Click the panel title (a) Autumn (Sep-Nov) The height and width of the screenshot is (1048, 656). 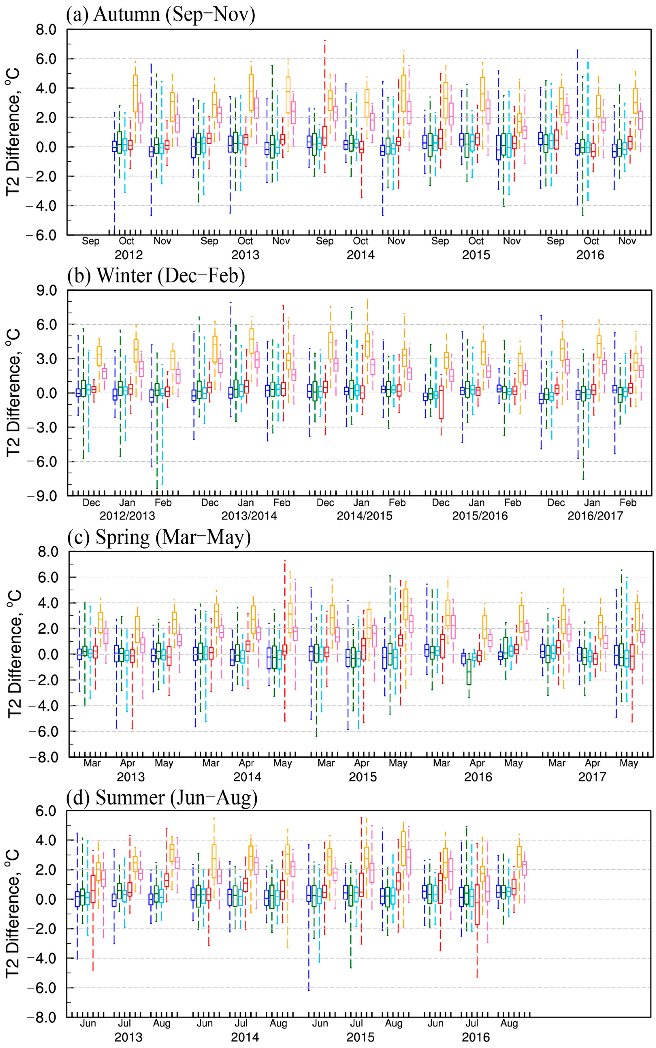161,14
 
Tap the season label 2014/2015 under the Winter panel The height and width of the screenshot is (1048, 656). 365,516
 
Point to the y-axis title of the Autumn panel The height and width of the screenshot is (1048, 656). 13,132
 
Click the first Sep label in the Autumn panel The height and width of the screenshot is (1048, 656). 91,241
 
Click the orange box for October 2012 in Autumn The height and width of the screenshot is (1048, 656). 135,93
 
